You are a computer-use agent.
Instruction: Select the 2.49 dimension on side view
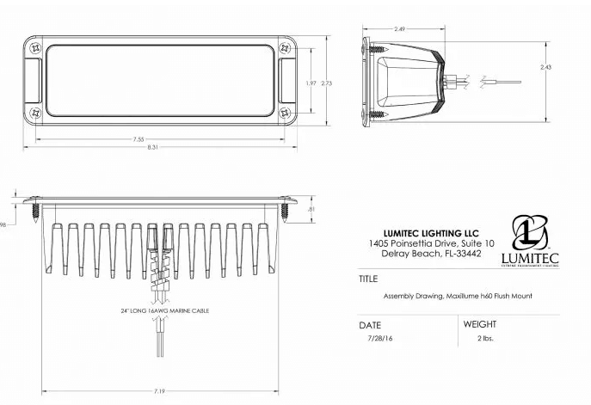click(x=399, y=29)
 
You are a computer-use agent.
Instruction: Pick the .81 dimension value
click(x=311, y=209)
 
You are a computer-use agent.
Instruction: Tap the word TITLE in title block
click(x=369, y=279)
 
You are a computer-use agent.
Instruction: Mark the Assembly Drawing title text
click(x=458, y=296)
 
